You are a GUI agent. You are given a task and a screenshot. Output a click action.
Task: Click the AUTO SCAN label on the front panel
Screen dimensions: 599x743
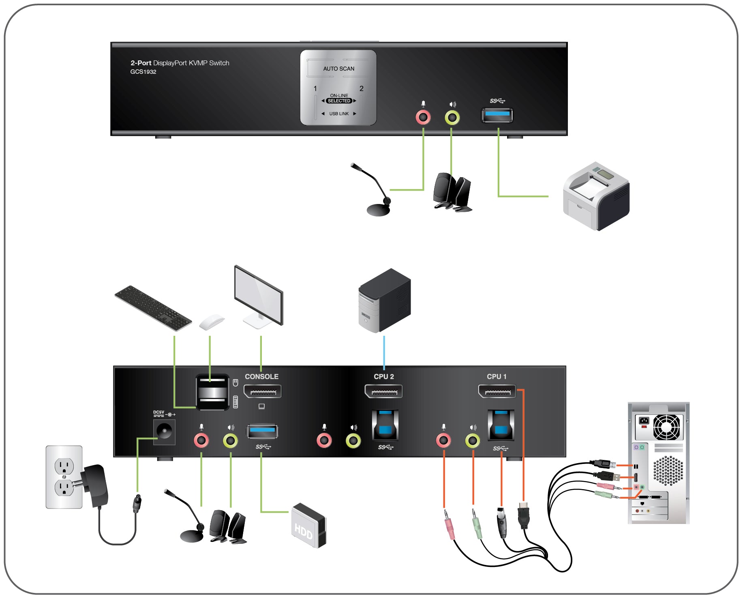click(x=338, y=69)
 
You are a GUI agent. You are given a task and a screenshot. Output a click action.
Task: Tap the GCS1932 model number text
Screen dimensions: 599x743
click(x=143, y=72)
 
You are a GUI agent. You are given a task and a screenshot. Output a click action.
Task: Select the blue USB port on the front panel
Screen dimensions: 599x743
click(x=497, y=115)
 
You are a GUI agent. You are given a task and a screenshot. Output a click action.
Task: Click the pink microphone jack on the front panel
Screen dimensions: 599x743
click(x=423, y=118)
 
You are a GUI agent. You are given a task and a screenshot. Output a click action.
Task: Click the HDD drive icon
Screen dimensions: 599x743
click(x=309, y=526)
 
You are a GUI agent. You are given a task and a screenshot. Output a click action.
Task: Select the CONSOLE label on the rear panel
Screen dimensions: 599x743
click(x=261, y=376)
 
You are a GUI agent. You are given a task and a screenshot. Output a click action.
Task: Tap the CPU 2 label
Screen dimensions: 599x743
click(x=383, y=376)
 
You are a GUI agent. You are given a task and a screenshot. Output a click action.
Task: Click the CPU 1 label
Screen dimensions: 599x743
click(x=497, y=376)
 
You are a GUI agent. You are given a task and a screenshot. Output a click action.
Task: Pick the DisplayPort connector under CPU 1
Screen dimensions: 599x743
click(x=497, y=391)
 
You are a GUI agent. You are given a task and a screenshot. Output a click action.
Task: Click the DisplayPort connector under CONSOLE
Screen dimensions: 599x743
click(x=262, y=391)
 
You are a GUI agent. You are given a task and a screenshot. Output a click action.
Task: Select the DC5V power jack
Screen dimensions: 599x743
click(x=164, y=432)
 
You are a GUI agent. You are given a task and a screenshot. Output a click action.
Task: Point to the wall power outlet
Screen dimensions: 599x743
click(x=64, y=477)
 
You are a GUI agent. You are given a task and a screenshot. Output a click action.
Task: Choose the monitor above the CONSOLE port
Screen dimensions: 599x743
click(x=259, y=296)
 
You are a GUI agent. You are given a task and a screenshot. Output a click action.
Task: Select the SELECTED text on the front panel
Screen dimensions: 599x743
click(x=339, y=101)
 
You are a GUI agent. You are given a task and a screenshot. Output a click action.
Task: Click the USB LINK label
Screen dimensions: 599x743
click(x=339, y=114)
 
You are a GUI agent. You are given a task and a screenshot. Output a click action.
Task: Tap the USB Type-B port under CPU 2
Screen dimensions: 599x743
click(x=385, y=425)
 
